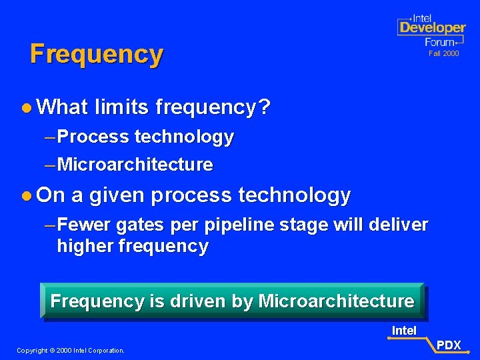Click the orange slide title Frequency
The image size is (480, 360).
96,54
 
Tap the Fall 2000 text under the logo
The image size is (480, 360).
443,53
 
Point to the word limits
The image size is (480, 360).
121,107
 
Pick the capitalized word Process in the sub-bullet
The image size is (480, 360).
93,137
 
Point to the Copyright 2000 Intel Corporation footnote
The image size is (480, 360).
71,350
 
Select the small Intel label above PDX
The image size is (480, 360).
404,331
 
